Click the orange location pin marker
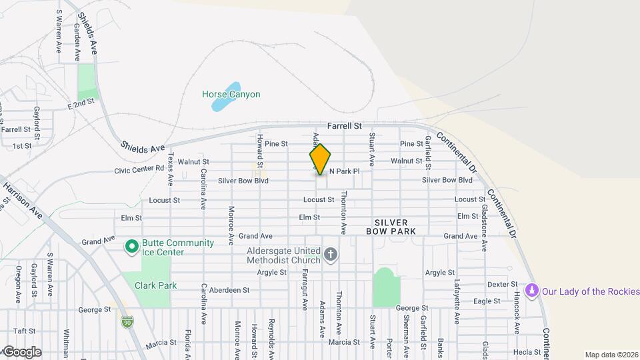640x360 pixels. click(320, 159)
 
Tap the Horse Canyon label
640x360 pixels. click(231, 95)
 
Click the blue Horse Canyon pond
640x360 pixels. click(231, 88)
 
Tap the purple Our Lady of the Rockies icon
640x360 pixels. click(532, 291)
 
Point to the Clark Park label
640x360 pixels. click(155, 285)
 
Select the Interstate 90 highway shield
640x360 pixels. click(127, 322)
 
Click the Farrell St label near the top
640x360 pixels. click(344, 125)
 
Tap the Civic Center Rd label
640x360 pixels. click(139, 169)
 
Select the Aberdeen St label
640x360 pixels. click(229, 291)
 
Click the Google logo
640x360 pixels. click(22, 352)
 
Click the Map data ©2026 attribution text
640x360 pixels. click(611, 355)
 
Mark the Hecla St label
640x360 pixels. click(526, 352)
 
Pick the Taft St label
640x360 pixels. click(23, 331)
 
